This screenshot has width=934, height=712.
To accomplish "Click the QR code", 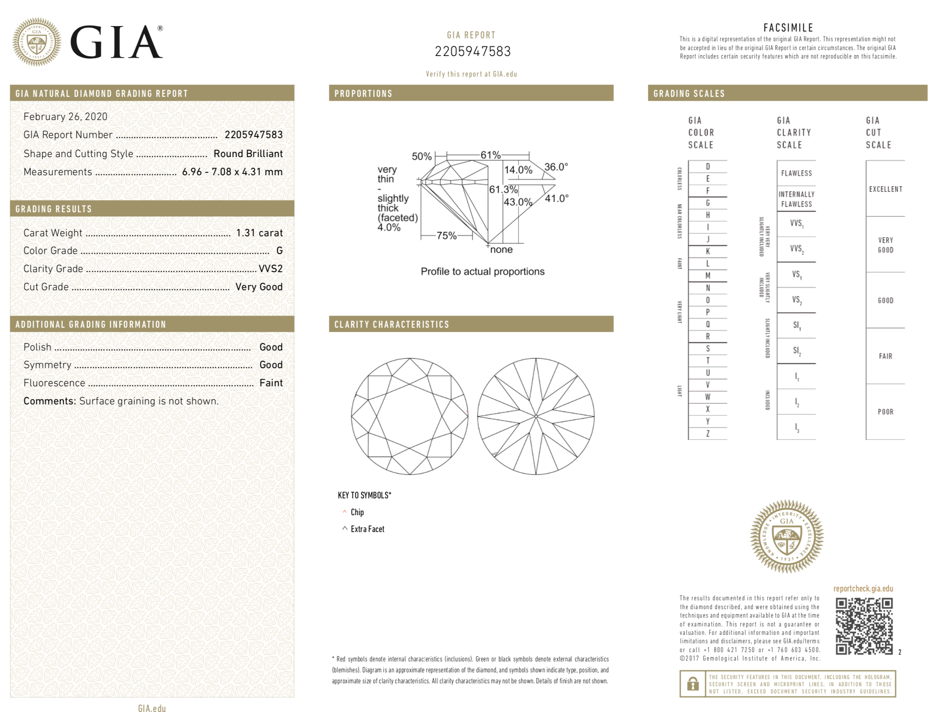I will pos(864,626).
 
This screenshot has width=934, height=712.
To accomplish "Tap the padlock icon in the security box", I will pos(692,684).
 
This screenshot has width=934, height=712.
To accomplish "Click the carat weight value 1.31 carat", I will pos(259,233).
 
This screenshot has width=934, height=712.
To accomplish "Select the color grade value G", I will pos(279,251).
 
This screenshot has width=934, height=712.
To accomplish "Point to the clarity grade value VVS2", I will pos(271,268).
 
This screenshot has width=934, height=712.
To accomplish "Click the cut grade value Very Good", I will pos(259,286).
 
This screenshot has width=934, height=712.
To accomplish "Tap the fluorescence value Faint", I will pos(271,383).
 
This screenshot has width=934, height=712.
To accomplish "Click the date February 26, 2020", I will pos(65,117).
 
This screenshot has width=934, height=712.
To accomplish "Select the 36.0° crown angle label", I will pos(556,166).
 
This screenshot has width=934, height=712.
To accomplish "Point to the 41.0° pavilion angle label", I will pos(556,198).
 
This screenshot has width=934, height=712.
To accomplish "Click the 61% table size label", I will pos(491,155).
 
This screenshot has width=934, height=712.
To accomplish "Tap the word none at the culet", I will pos(501,250).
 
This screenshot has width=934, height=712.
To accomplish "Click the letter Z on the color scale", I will pos(708,433).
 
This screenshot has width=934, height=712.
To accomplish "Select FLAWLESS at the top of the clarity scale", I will pos(796,173).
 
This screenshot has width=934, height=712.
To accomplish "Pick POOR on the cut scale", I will pos(885,412).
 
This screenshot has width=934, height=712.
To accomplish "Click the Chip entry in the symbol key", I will pos(357,512).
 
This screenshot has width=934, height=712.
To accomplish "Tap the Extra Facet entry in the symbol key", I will pos(367,529).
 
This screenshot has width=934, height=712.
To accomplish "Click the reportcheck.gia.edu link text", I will pos(863,588).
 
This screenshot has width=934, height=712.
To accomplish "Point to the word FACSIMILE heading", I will pos(788,28).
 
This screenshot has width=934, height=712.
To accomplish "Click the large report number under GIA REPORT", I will pos(472,51).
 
